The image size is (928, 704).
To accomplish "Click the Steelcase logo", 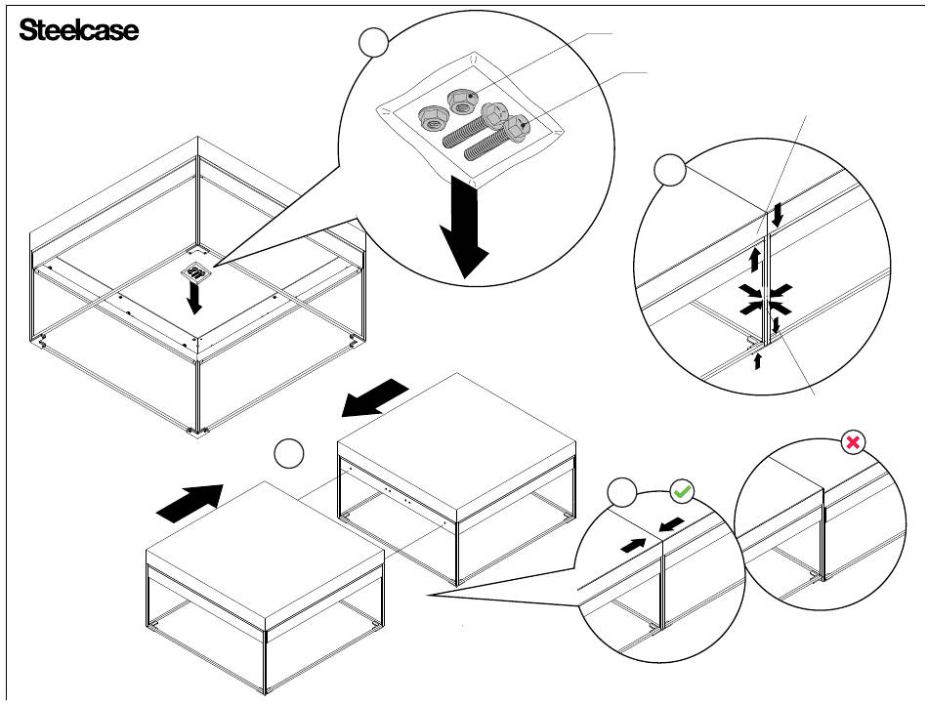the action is point(79,30).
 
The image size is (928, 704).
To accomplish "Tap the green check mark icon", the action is point(683,490).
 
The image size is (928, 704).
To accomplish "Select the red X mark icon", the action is point(853,442).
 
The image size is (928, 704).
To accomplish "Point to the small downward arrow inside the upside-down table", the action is point(193,298).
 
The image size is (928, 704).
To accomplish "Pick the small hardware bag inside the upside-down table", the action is point(194,272).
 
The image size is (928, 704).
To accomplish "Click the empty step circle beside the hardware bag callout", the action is point(373,42).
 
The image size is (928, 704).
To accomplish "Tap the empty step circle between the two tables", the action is point(289,454).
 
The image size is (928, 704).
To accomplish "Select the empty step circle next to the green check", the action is point(622,492).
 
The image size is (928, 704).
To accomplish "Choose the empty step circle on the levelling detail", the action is point(670,170).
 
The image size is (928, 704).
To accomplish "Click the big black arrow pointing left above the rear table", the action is point(375,398).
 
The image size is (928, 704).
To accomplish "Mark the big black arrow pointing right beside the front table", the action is point(190,504).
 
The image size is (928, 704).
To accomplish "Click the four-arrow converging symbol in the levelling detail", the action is point(765,298).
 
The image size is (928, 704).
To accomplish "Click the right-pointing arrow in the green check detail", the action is point(633,546).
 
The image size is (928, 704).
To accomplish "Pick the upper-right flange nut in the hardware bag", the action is point(462,101).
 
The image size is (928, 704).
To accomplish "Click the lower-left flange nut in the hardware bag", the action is point(433,119).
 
